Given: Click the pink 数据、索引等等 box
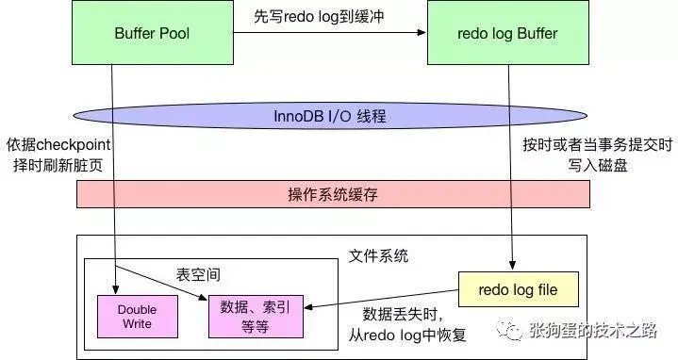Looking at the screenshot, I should click(256, 316).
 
